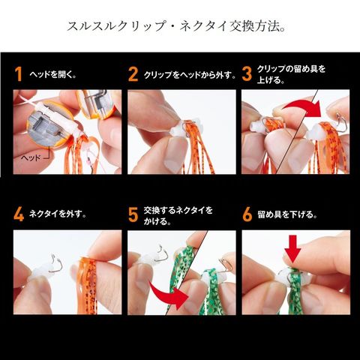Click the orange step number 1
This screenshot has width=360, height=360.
click(x=18, y=74)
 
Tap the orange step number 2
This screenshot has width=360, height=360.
click(x=133, y=74)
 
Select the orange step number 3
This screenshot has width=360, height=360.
click(x=247, y=74)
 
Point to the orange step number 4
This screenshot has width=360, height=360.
click(x=19, y=214)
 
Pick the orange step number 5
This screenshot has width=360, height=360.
click(x=133, y=214)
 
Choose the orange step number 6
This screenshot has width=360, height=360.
click(x=247, y=214)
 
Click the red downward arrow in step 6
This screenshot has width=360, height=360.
click(x=292, y=249)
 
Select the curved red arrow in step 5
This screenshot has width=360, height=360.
click(x=168, y=295)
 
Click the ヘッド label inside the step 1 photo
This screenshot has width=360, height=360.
click(x=31, y=157)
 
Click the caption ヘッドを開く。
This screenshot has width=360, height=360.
click(x=52, y=74)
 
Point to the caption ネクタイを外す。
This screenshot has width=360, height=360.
click(x=58, y=214)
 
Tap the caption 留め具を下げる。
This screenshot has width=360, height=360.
click(x=287, y=214)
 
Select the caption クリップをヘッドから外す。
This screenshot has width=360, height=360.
click(x=189, y=74)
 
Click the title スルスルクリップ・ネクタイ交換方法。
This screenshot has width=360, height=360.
click(x=176, y=26)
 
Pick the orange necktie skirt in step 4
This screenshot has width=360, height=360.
click(x=88, y=285)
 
